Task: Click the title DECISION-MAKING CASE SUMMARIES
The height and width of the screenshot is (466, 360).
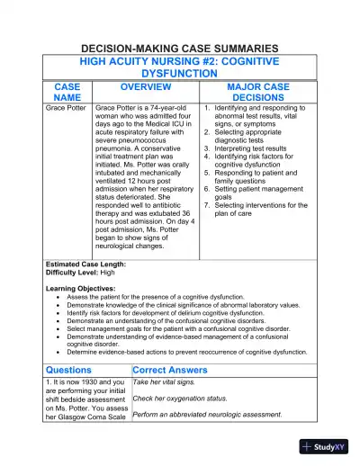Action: pyautogui.click(x=180, y=47)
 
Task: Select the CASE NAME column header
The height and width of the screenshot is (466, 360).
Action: pyautogui.click(x=67, y=92)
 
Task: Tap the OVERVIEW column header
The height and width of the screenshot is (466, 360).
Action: pyautogui.click(x=146, y=86)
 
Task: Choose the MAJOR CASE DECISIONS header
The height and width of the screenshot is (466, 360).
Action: pyautogui.click(x=258, y=92)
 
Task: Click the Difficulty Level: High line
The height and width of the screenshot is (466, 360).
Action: pyautogui.click(x=81, y=272)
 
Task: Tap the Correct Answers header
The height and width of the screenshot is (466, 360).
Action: pyautogui.click(x=169, y=370)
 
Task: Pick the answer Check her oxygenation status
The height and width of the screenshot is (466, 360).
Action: pyautogui.click(x=178, y=398)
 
